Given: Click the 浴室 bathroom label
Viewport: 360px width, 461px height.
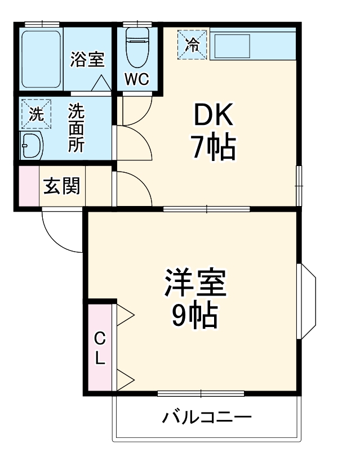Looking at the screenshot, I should coord(87,59).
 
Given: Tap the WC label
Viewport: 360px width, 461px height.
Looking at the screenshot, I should coord(137,79).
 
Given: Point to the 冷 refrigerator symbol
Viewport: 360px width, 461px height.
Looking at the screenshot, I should coord(193,44).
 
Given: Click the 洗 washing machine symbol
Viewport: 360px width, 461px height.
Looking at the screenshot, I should coord(35,114).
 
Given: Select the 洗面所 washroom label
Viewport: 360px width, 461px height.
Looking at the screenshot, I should coord(77,128).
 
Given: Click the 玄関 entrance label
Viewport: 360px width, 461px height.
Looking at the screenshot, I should coord(62,186).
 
